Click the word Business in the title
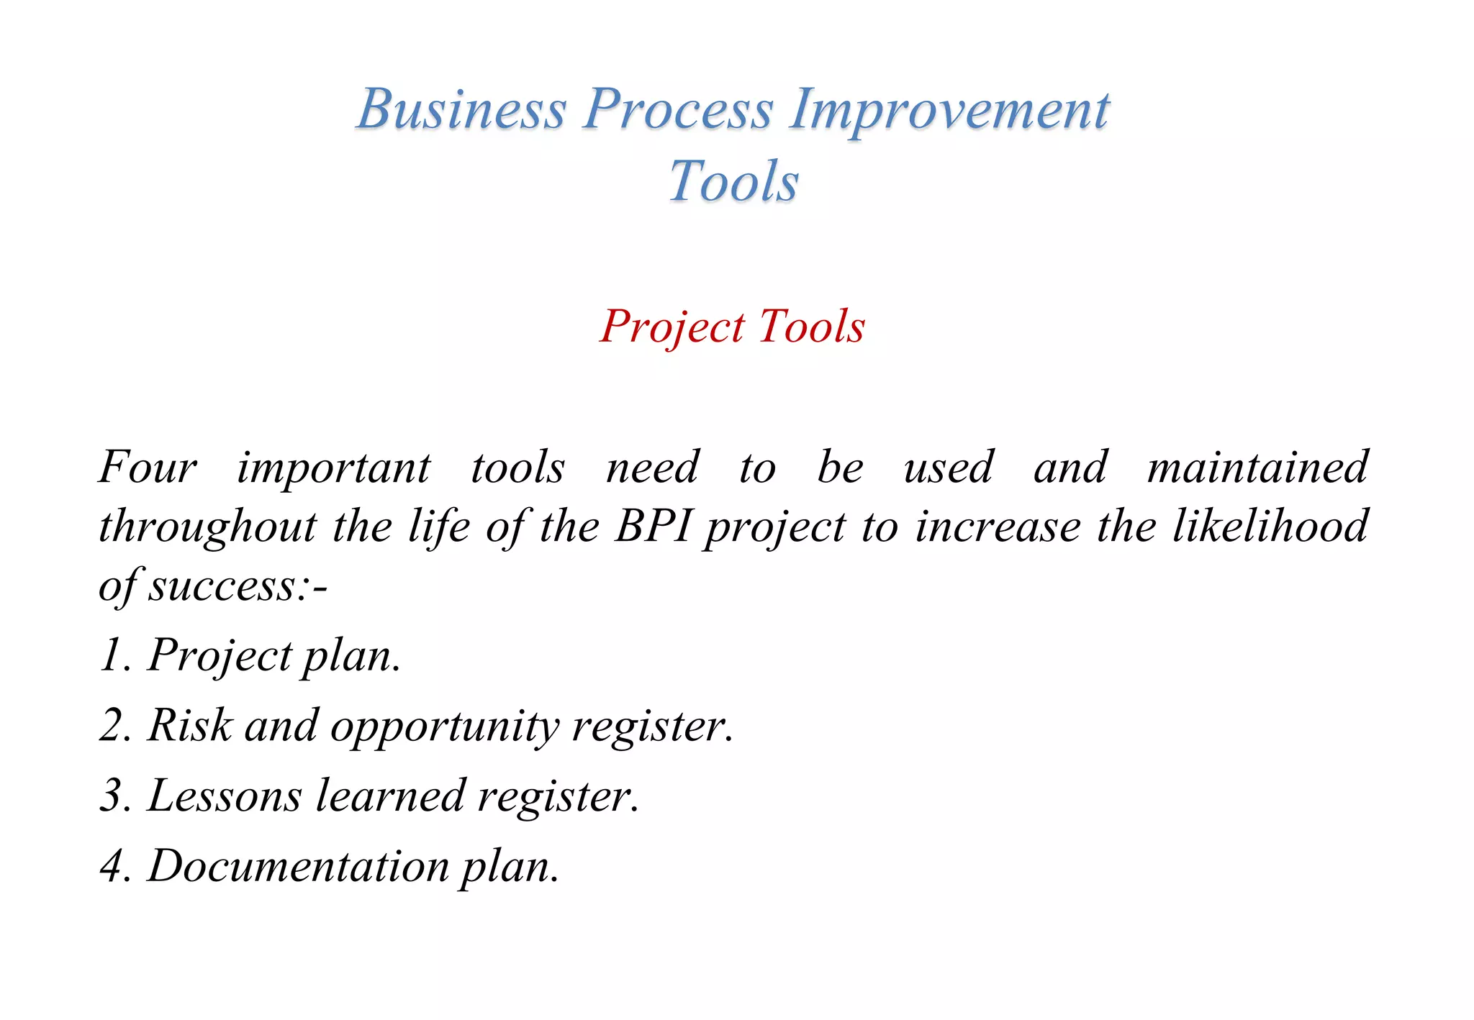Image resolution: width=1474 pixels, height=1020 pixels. (461, 109)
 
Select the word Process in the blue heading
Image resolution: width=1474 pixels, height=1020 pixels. (677, 109)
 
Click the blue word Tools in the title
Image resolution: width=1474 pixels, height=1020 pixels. (733, 181)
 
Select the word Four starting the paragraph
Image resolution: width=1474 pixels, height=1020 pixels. (148, 467)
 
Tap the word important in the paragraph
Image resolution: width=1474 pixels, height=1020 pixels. (334, 468)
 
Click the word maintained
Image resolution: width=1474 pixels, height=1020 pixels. (1257, 467)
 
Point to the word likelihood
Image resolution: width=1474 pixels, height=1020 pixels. (1270, 526)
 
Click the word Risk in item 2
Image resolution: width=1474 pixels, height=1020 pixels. (190, 725)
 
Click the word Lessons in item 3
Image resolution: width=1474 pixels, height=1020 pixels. (225, 796)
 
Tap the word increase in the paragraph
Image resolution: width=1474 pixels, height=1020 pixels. (998, 526)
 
